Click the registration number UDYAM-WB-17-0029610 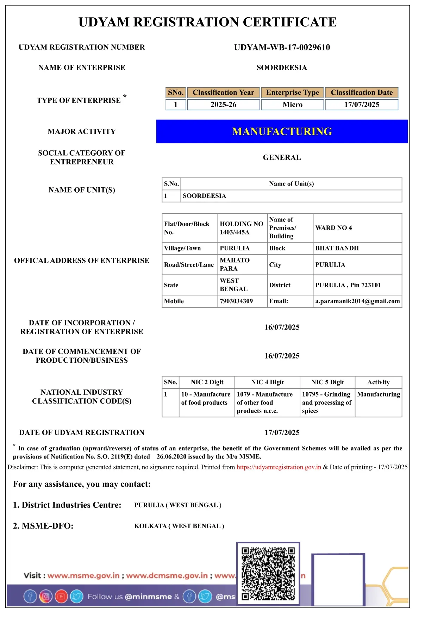pos(282,48)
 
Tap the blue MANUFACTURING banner pos(282,131)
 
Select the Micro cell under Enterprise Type pos(292,105)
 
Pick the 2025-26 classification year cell pos(223,105)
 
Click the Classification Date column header pos(361,93)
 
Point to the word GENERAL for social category pos(282,157)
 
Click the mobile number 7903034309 pos(236,301)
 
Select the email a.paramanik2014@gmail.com pos(357,301)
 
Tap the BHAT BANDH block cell pos(337,248)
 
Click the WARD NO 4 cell pos(333,228)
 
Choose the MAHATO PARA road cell pos(235,264)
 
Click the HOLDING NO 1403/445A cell pos(242,228)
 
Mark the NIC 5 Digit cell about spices pos(327,402)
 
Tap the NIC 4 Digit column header pos(267,382)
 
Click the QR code pos(268,574)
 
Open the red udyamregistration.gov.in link pos(279,467)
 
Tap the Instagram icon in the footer pos(46,597)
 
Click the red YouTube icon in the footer pos(61,597)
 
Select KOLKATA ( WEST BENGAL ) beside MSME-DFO pos(179,526)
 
